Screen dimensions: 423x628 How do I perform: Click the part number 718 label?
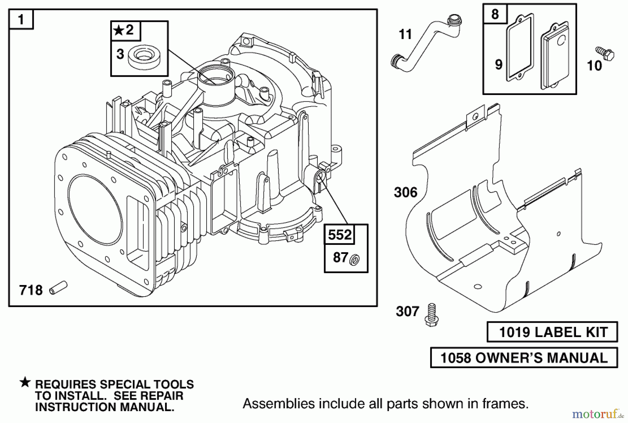(x=31, y=290)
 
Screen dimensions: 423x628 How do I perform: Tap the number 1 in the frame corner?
(x=21, y=20)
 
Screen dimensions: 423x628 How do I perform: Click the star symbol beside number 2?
(x=119, y=30)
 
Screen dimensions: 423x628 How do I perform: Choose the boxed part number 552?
(x=340, y=234)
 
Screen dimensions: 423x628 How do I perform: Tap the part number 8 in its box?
(x=495, y=14)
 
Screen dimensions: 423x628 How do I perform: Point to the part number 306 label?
(x=405, y=192)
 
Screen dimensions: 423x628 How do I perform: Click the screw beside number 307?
(x=431, y=315)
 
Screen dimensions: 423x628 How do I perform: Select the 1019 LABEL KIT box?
(x=552, y=332)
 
